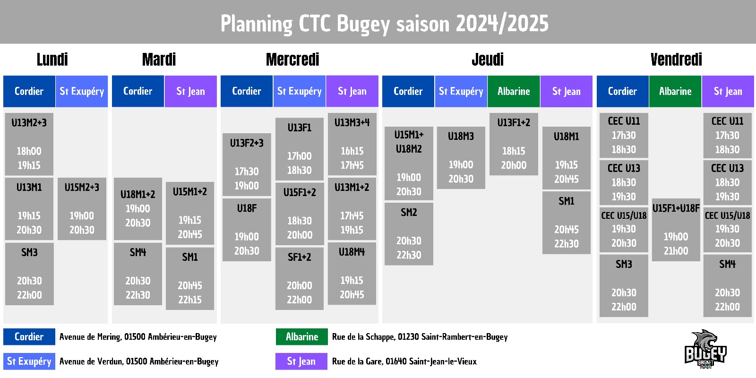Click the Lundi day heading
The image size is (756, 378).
point(52,60)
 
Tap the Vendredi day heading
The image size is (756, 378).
point(676,60)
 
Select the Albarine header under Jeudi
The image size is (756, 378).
point(514,91)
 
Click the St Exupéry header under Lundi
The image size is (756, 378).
point(82,91)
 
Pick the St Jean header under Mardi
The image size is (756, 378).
point(190,91)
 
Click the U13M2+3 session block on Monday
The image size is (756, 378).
point(29,144)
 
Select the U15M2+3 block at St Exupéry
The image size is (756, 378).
point(82,209)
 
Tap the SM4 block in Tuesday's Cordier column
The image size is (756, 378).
point(137,274)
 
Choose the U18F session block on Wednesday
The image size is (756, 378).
point(247,230)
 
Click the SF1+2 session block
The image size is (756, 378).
point(300,279)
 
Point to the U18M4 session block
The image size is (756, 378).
point(352,274)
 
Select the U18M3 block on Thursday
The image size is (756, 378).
point(461,158)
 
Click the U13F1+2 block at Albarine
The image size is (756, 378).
point(514,144)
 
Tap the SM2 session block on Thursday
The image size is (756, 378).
point(409,234)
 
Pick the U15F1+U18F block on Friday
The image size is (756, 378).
point(676,230)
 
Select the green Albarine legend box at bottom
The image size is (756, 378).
point(302,337)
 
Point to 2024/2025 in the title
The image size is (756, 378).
point(502,24)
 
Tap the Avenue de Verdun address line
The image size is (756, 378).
point(139,361)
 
